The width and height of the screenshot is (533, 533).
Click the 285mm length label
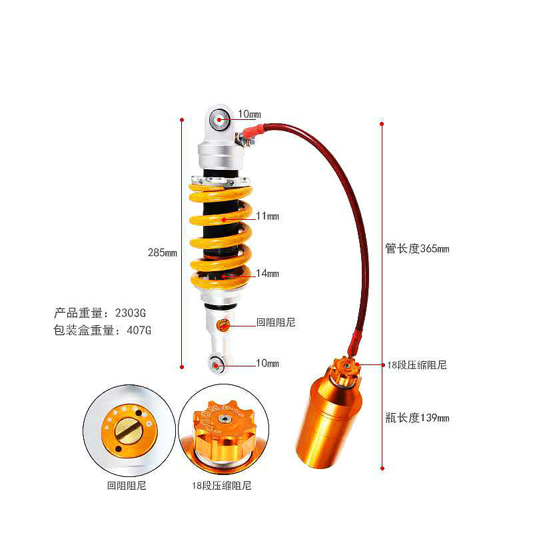click(x=163, y=253)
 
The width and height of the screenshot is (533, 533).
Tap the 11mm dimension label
click(x=267, y=216)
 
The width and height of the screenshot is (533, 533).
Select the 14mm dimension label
click(x=267, y=273)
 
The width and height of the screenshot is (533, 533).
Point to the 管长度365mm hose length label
click(x=417, y=249)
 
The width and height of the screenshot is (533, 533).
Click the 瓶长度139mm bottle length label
click(x=417, y=418)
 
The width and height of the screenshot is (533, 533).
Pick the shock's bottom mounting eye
click(x=216, y=364)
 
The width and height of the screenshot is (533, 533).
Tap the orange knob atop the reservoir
click(x=344, y=368)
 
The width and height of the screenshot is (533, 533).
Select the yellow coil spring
click(x=221, y=237)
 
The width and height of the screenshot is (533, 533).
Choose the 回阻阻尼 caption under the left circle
click(x=127, y=486)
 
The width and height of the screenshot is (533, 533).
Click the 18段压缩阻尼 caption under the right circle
click(x=221, y=486)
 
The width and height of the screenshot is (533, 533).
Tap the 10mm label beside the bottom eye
click(x=267, y=363)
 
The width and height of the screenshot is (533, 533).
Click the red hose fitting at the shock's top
click(x=251, y=134)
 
